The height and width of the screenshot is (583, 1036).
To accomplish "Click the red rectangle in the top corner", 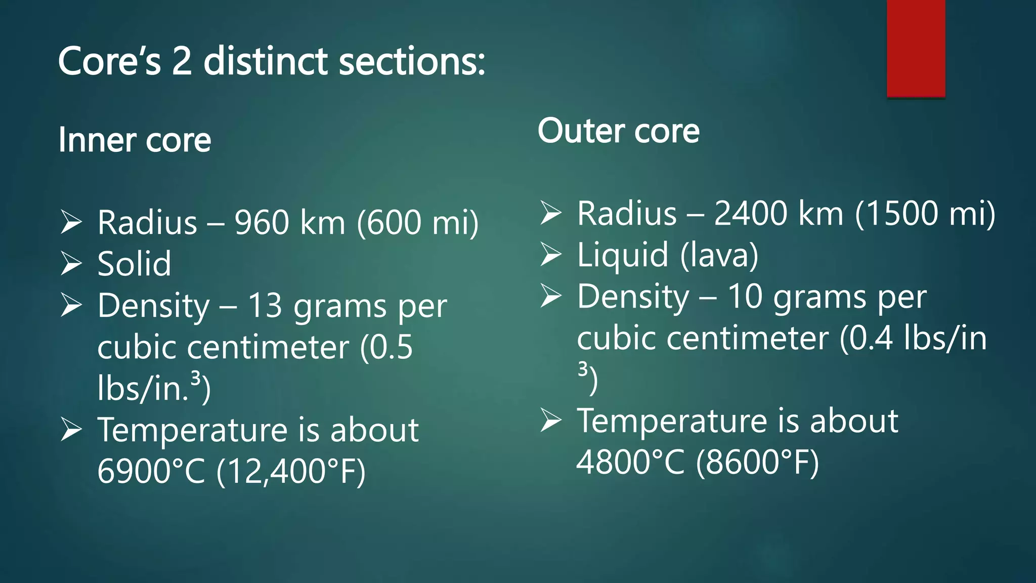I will click(x=916, y=48).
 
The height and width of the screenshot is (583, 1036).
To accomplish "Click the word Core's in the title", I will click(x=109, y=61).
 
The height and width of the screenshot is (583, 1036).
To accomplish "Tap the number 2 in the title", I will click(x=182, y=61).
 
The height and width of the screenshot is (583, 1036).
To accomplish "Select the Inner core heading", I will click(x=135, y=140).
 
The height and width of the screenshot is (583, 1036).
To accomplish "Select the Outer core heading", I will click(x=618, y=131).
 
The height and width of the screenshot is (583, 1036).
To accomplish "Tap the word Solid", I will click(x=134, y=264).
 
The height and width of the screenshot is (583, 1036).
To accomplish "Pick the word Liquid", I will click(x=623, y=255).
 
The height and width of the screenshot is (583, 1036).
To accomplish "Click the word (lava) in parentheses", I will click(x=719, y=255).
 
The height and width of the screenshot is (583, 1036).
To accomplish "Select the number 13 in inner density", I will click(x=265, y=306).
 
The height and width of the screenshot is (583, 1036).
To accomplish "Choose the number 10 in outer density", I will click(x=745, y=297).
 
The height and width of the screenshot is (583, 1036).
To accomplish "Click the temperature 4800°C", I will click(x=630, y=462).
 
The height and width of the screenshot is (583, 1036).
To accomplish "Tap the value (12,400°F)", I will click(x=291, y=472).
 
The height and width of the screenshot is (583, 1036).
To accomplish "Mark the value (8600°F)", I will click(x=757, y=462).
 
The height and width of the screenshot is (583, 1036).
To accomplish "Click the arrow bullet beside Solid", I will click(x=71, y=264).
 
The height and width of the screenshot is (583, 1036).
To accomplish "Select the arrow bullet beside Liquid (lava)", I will click(x=550, y=255).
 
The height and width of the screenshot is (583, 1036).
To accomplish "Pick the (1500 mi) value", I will click(x=925, y=213).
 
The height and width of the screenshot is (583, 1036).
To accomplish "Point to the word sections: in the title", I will click(x=412, y=61).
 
